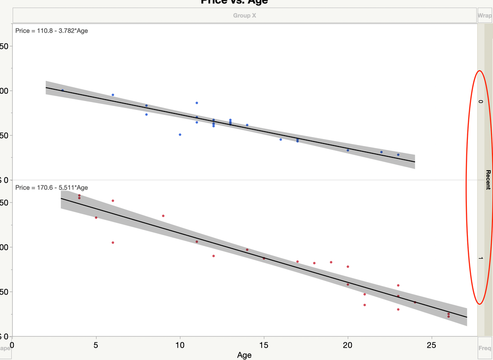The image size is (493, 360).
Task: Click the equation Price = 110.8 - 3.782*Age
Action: pyautogui.click(x=52, y=31)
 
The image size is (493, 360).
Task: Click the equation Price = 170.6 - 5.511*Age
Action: pyautogui.click(x=52, y=187)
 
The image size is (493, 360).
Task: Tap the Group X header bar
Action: pyautogui.click(x=244, y=15)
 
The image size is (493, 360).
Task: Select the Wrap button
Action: pyautogui.click(x=485, y=15)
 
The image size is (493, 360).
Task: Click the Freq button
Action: pyautogui.click(x=485, y=348)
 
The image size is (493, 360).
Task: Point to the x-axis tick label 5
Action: pyautogui.click(x=96, y=344)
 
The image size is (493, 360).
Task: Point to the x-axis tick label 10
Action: pyautogui.click(x=180, y=344)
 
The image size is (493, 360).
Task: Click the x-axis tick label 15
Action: pyautogui.click(x=264, y=344)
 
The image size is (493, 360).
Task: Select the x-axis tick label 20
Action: pyautogui.click(x=348, y=344)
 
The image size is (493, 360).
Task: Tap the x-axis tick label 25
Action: pyautogui.click(x=432, y=344)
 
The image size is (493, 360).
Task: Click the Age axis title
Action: pyautogui.click(x=244, y=355)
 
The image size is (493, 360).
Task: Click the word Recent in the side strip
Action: pyautogui.click(x=488, y=180)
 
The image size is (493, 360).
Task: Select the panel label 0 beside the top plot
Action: pyautogui.click(x=480, y=102)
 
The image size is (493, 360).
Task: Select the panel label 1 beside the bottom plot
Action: pyautogui.click(x=480, y=258)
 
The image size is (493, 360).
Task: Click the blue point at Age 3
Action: pyautogui.click(x=63, y=90)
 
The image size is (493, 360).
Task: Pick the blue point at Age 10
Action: pyautogui.click(x=180, y=135)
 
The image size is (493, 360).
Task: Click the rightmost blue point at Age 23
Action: pyautogui.click(x=398, y=155)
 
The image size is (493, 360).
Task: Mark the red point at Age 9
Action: pyautogui.click(x=163, y=216)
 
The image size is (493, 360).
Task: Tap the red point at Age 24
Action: pyautogui.click(x=415, y=302)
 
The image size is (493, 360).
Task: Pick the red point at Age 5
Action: pyautogui.click(x=96, y=217)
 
